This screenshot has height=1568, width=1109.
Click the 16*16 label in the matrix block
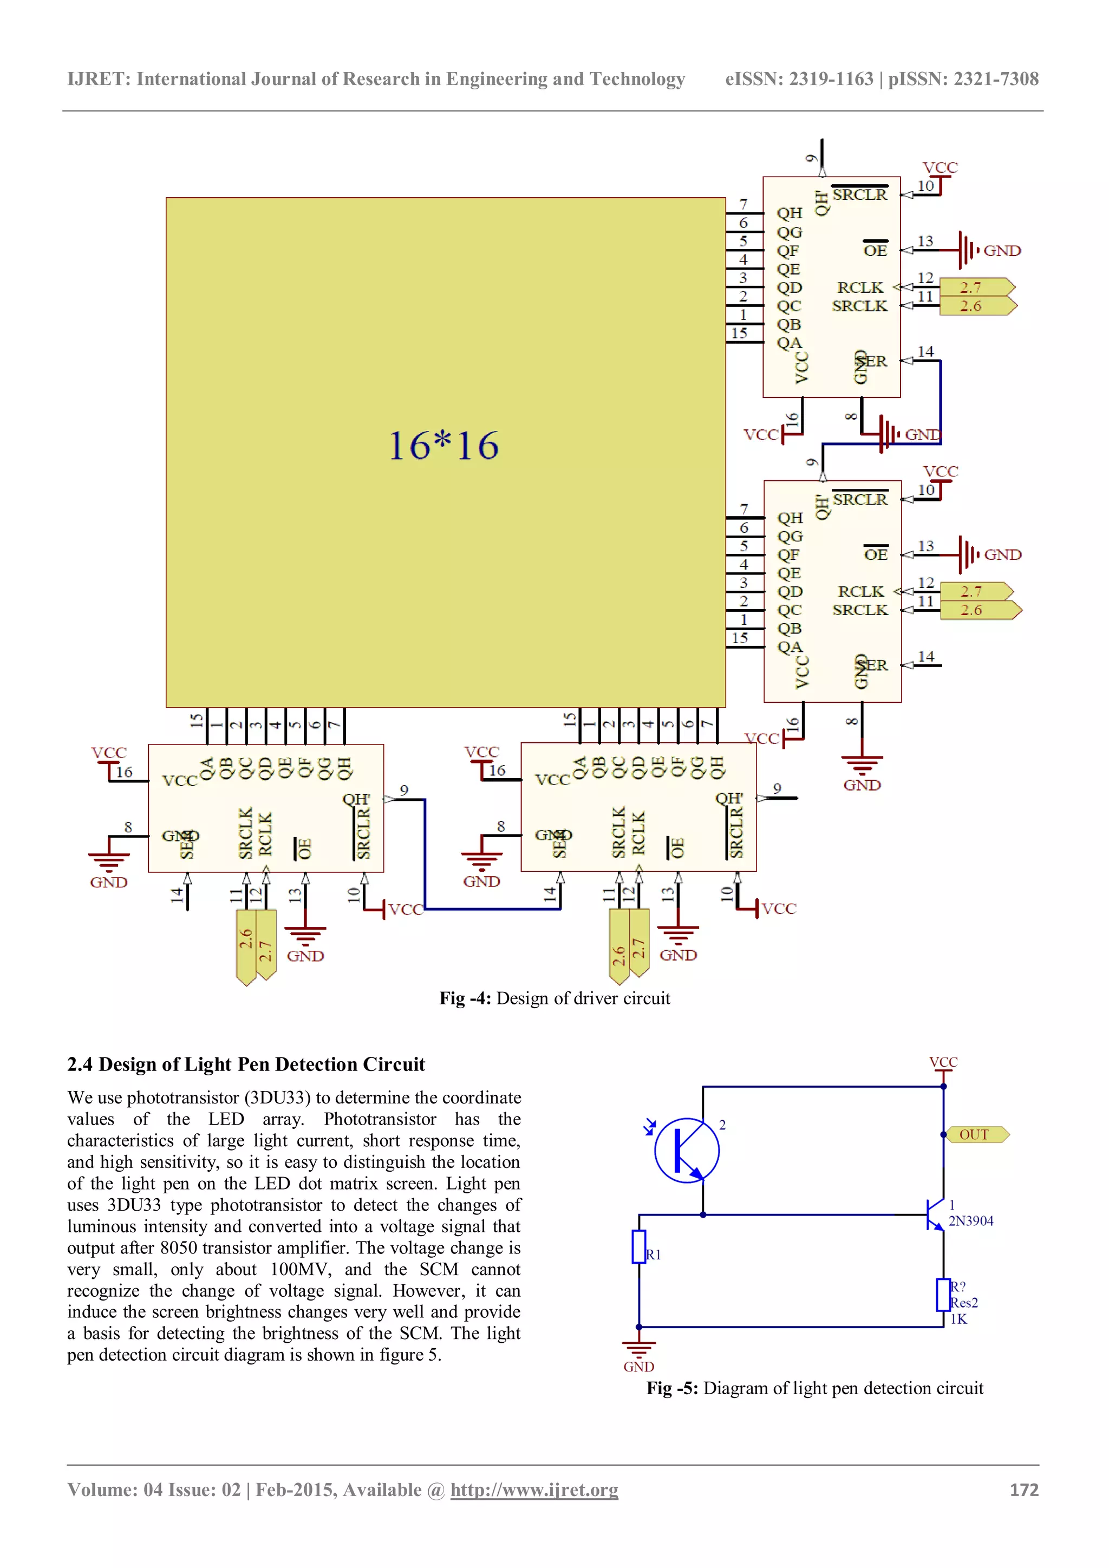pos(444,446)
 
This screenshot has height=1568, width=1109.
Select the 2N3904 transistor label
pos(970,1220)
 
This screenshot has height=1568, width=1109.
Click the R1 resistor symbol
pos(638,1246)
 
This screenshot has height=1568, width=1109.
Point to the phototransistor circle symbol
pos(686,1151)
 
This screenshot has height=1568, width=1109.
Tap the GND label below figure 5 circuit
pos(638,1367)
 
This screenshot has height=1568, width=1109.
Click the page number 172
pos(1023,1490)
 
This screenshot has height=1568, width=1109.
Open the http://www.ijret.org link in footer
pos(534,1490)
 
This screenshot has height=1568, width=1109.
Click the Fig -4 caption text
pos(554,998)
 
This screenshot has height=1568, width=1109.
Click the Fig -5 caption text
pos(814,1388)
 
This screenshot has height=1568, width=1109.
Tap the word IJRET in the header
pos(99,79)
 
